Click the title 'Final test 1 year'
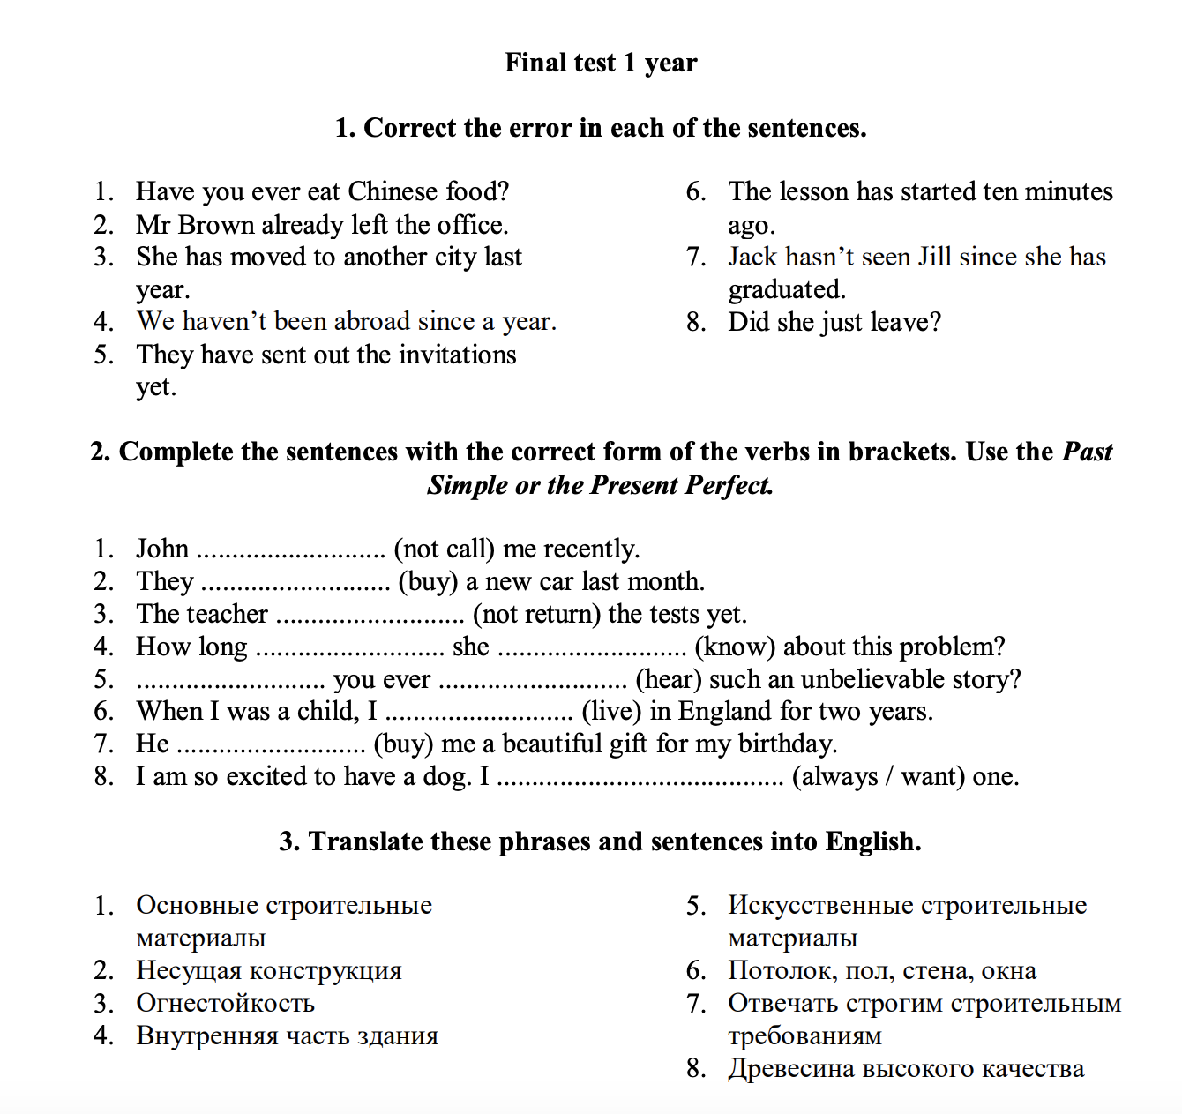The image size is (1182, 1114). click(x=601, y=63)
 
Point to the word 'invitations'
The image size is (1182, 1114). click(x=458, y=355)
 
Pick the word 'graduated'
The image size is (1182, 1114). click(x=786, y=289)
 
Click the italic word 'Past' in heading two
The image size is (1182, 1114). click(x=1087, y=452)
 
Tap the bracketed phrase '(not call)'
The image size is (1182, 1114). click(x=444, y=549)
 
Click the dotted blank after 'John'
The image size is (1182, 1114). click(x=291, y=552)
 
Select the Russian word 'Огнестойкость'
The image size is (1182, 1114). click(x=225, y=1003)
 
